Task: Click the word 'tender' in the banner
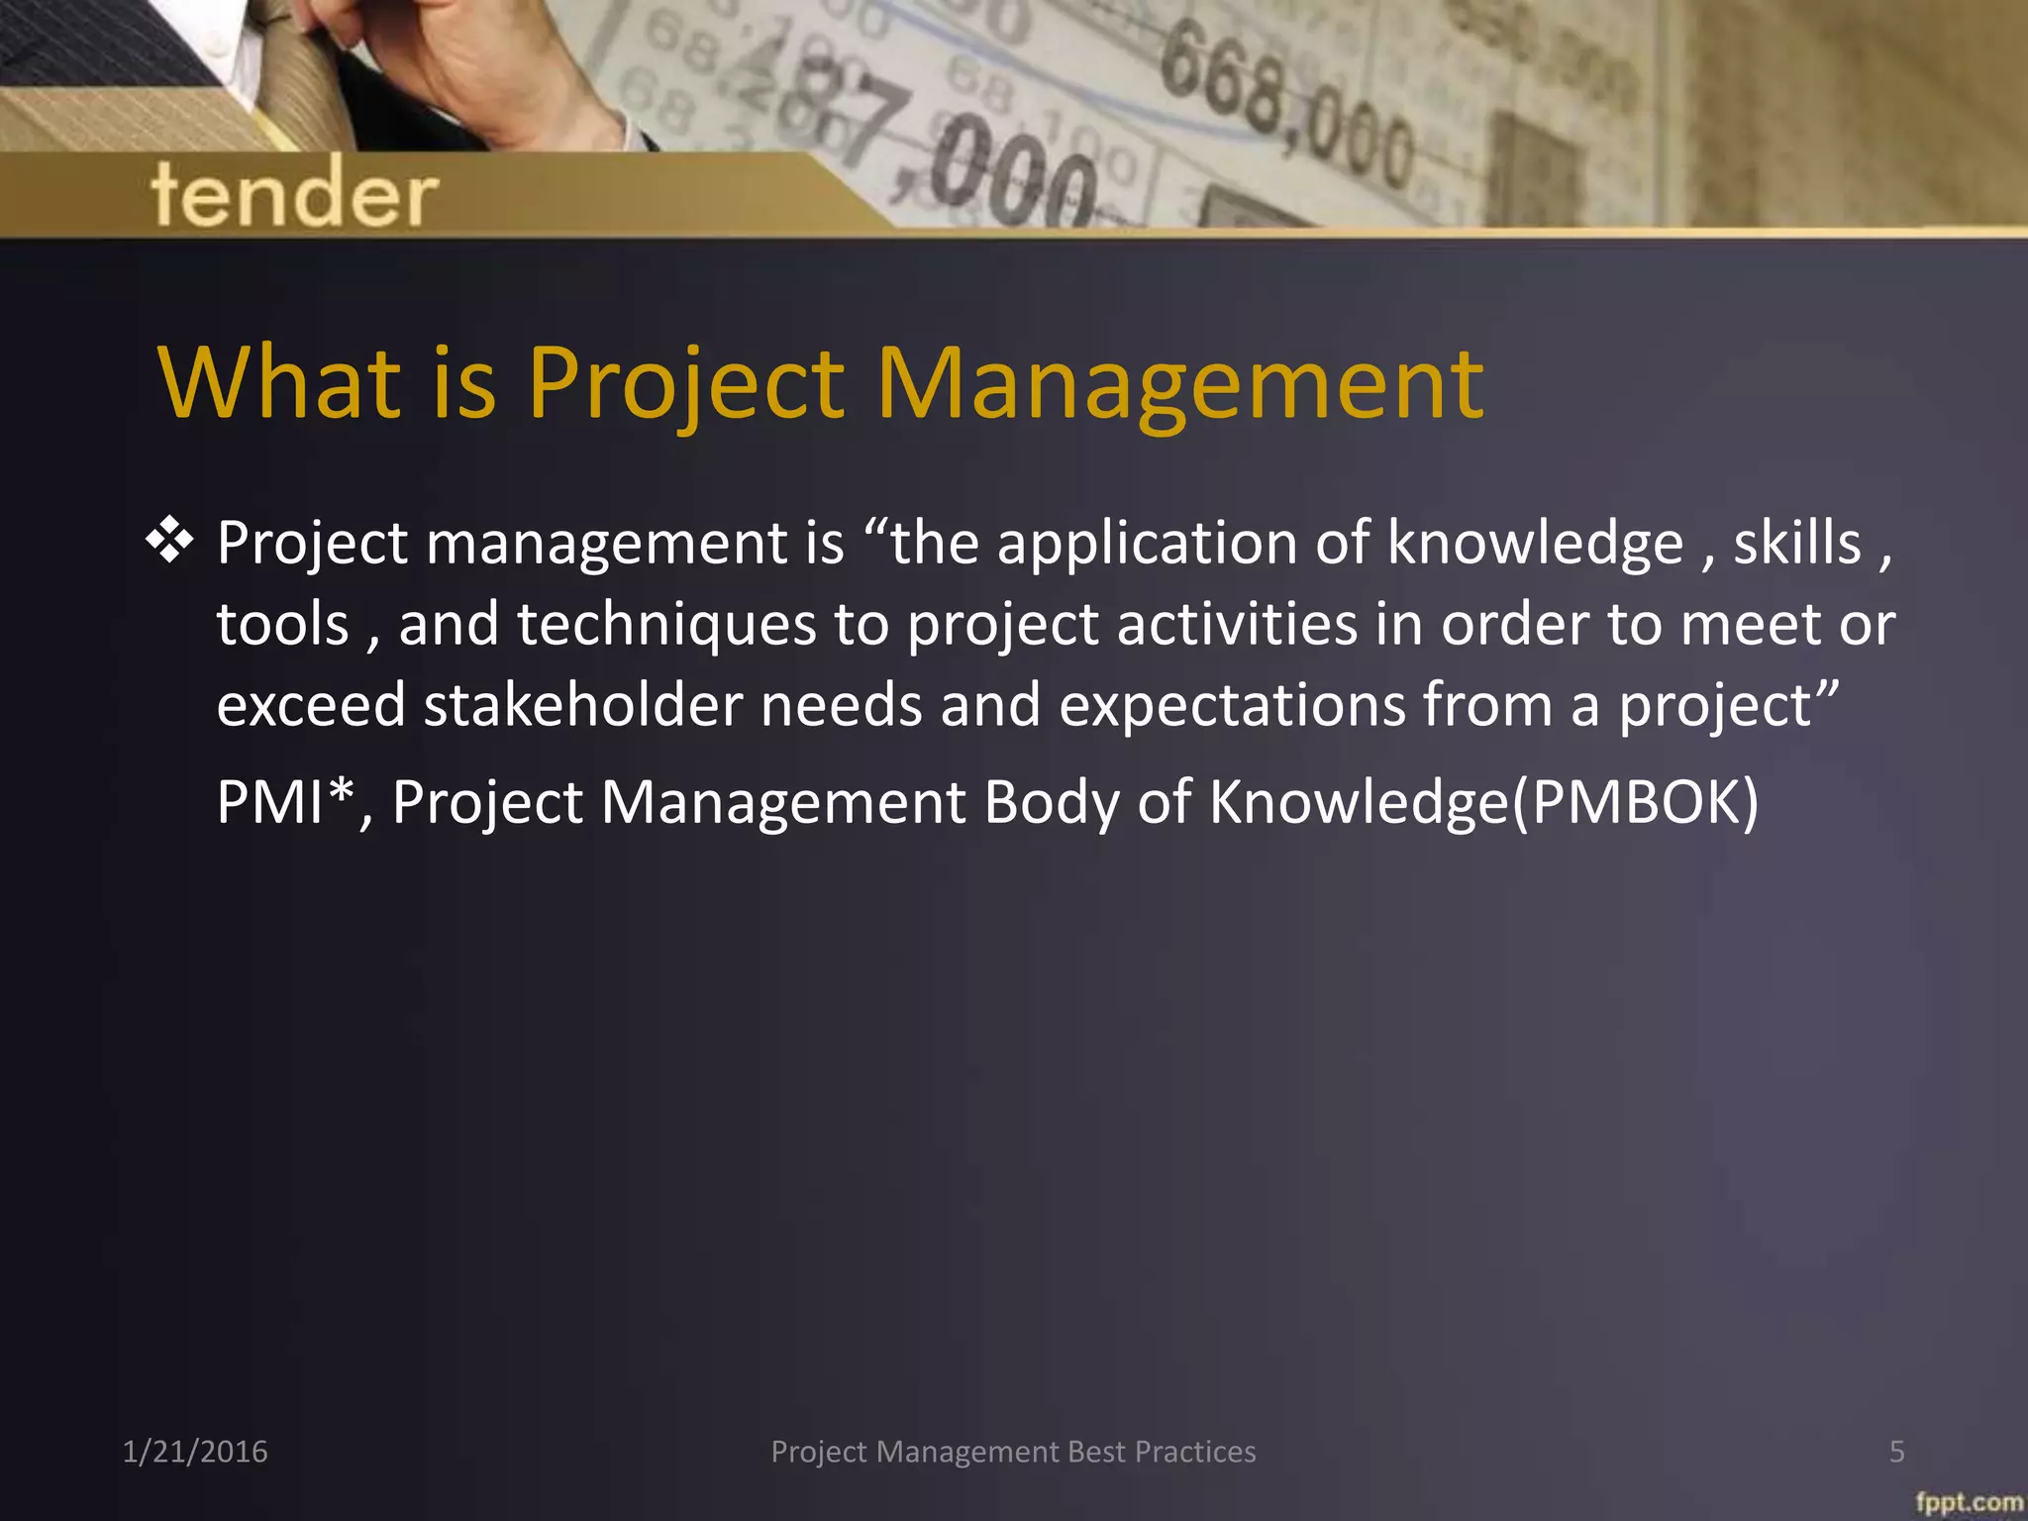pyautogui.click(x=294, y=193)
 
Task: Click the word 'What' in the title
pyautogui.click(x=279, y=383)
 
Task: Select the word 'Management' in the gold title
pyautogui.click(x=1179, y=383)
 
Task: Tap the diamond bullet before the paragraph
pyautogui.click(x=169, y=541)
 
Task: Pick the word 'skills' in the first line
pyautogui.click(x=1797, y=544)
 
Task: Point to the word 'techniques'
pyautogui.click(x=665, y=625)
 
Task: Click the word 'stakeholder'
pyautogui.click(x=583, y=705)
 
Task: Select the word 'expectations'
pyautogui.click(x=1232, y=705)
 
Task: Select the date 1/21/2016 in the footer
pyautogui.click(x=195, y=1452)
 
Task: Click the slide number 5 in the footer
pyautogui.click(x=1896, y=1452)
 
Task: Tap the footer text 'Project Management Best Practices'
pyautogui.click(x=1013, y=1452)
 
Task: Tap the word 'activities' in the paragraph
pyautogui.click(x=1238, y=625)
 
